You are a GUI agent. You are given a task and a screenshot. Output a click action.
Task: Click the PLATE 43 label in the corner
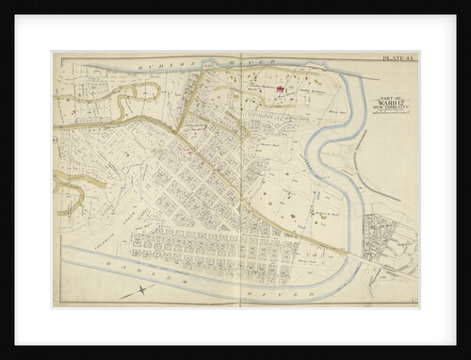click(x=398, y=58)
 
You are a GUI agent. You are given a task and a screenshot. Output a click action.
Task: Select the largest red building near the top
click(x=280, y=91)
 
